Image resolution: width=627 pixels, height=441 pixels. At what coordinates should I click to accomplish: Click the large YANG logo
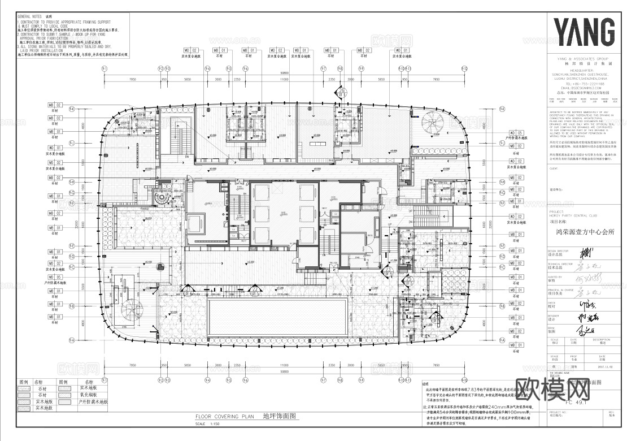pyautogui.click(x=584, y=32)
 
